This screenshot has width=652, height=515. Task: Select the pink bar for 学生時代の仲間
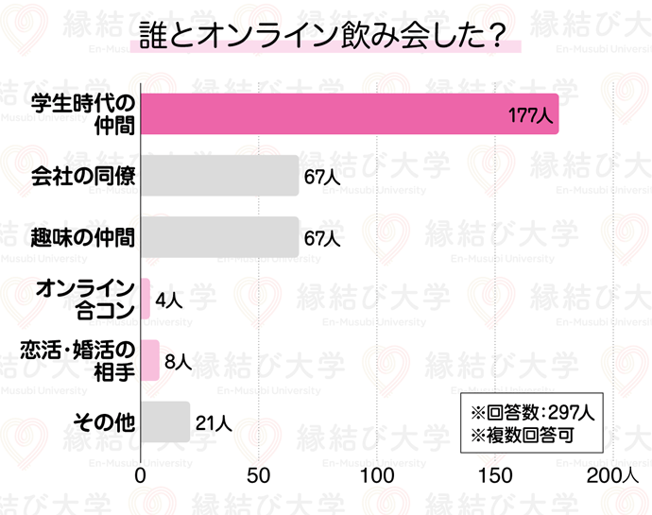coord(349,113)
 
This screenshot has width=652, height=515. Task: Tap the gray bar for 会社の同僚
coord(219,176)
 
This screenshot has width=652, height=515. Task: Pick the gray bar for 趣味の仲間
coord(219,237)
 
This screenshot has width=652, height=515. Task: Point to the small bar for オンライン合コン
coord(146,299)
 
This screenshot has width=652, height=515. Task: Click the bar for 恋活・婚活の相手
coord(150,360)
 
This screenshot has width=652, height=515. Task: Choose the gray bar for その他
coord(165,421)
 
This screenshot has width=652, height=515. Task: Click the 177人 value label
coord(529,116)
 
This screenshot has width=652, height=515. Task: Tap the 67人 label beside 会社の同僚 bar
coord(322,177)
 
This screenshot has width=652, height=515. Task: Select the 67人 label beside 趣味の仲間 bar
coord(322,238)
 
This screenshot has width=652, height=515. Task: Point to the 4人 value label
coord(167,300)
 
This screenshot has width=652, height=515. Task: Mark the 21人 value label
coord(213,422)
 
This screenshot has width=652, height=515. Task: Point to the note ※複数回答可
coord(516,437)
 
